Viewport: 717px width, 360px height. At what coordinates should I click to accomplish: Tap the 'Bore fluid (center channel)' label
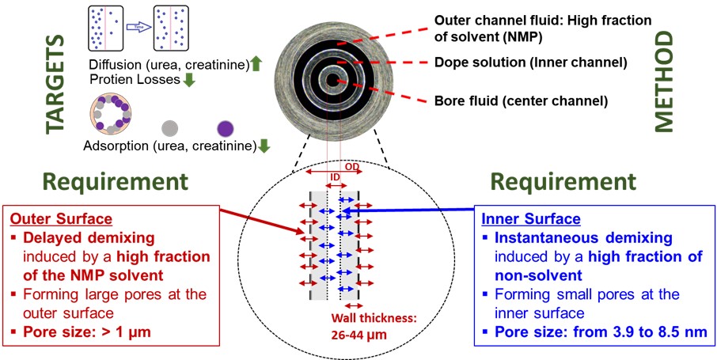pos(520,100)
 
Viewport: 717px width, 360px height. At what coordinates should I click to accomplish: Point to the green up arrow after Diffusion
pos(256,65)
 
